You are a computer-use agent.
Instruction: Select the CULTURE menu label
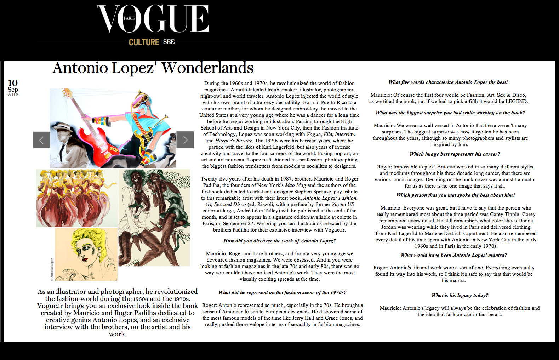144,42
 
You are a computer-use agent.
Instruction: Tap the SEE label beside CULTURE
169,42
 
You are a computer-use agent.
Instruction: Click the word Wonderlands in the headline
207,68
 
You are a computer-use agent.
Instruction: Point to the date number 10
13,83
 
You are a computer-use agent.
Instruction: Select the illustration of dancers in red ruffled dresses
76,198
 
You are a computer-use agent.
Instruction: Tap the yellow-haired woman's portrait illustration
86,254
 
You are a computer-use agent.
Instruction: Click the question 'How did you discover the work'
279,241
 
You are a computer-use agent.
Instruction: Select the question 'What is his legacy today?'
460,295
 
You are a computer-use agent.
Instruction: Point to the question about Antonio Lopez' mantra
454,255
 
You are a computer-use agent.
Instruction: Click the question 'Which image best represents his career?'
455,154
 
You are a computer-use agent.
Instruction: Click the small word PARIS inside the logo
129,18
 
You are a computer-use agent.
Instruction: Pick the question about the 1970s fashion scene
282,292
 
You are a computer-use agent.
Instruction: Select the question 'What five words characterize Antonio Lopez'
448,82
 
